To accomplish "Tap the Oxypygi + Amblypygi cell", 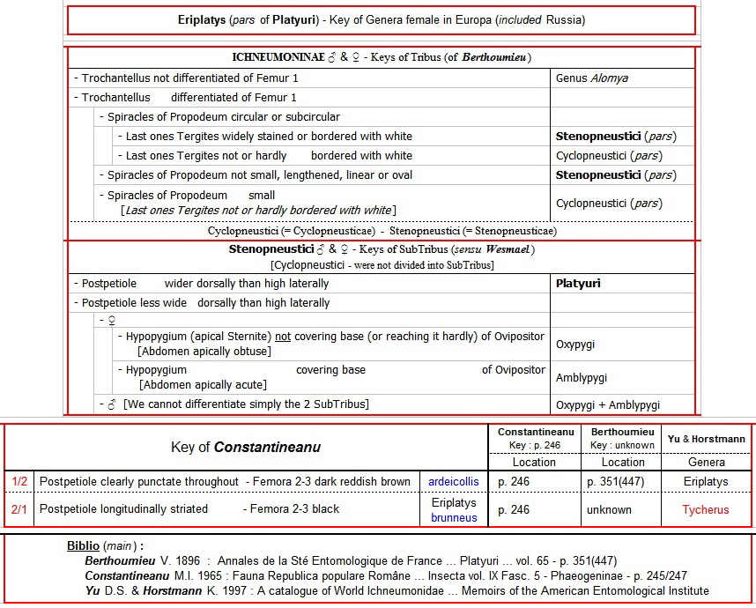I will coord(608,405).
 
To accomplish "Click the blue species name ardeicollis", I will coord(454,482).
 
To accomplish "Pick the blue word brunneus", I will coord(454,517).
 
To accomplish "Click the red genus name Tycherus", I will coord(705,509).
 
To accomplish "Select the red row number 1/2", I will coord(19,482).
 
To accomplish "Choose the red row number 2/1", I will coord(19,509).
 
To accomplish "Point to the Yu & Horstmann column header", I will coord(707,439).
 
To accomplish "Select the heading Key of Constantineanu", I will coord(246,448).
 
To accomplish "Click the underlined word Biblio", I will coord(84,546).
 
